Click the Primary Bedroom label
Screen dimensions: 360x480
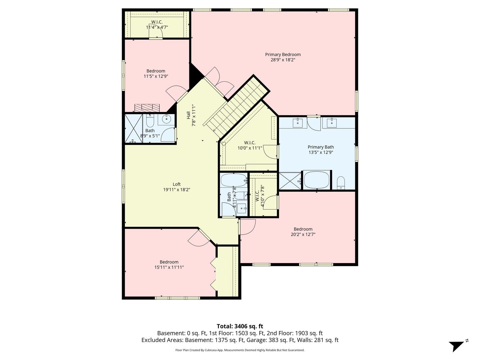click(x=283, y=55)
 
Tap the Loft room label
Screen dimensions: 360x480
click(x=177, y=184)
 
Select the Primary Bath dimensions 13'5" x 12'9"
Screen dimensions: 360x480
click(x=321, y=152)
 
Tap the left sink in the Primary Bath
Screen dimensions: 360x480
click(x=297, y=123)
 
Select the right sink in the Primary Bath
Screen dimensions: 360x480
click(x=332, y=123)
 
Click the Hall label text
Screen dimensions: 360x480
click(x=188, y=115)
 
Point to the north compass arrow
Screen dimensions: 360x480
click(x=457, y=346)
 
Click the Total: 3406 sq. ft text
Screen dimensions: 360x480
click(x=240, y=326)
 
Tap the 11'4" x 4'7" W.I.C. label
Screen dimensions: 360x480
click(x=157, y=27)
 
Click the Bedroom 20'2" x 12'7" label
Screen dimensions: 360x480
click(x=303, y=232)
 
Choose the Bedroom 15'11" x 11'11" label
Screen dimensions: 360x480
click(x=169, y=265)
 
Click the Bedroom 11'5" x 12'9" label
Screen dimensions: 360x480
click(x=156, y=73)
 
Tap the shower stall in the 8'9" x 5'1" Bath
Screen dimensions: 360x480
click(x=133, y=129)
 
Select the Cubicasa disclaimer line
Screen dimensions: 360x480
click(x=240, y=350)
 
